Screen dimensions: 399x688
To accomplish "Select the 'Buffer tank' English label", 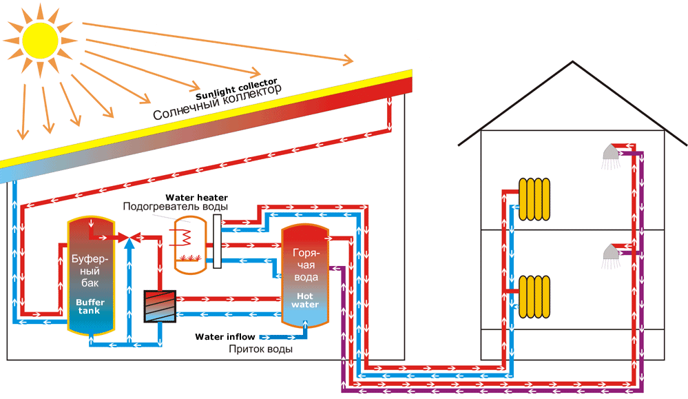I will tap(87, 307).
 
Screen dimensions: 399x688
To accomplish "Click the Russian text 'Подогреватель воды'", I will tap(176, 207).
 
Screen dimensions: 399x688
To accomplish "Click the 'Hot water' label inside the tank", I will tap(304, 300).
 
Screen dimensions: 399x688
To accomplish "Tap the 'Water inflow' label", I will tap(225, 337).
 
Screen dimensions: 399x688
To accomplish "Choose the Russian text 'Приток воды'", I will tap(261, 349).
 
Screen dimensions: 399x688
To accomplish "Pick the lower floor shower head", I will tap(609, 254).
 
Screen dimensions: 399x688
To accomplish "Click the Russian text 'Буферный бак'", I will tap(88, 273).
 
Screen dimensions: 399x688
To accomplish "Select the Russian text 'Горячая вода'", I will tap(304, 265).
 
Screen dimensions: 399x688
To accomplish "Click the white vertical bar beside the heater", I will tap(217, 241).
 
